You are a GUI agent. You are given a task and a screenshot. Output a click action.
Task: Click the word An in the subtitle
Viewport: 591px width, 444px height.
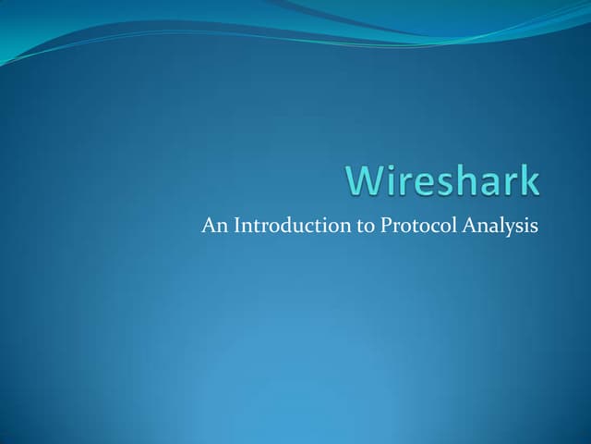click(x=211, y=226)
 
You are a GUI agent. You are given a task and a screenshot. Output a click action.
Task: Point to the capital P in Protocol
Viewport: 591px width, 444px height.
click(x=385, y=226)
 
